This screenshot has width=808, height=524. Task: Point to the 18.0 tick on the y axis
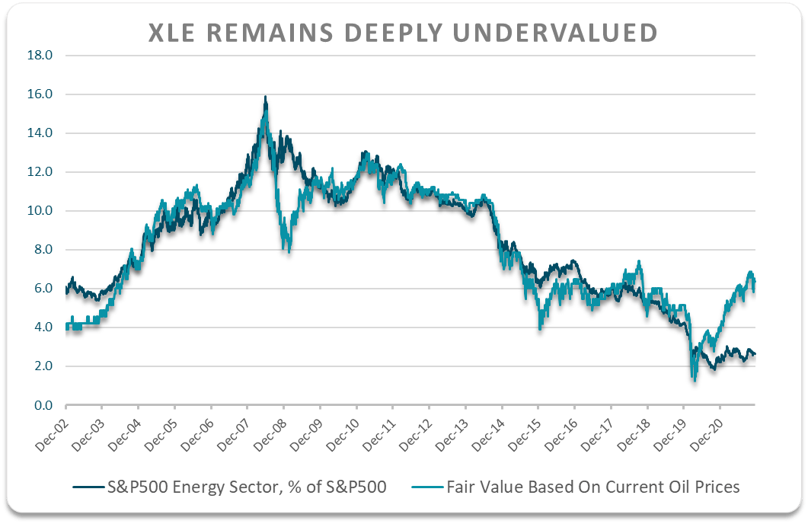pyautogui.click(x=40, y=56)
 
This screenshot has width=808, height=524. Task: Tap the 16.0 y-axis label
pyautogui.click(x=40, y=94)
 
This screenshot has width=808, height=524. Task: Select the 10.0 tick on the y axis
pyautogui.click(x=40, y=211)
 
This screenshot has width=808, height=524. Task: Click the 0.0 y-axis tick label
pyautogui.click(x=43, y=405)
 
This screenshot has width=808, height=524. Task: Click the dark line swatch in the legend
pyautogui.click(x=87, y=487)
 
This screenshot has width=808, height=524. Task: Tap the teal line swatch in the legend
pyautogui.click(x=429, y=487)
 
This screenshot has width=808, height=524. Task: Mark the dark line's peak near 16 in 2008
pyautogui.click(x=265, y=97)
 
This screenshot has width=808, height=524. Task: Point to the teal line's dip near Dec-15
pyautogui.click(x=540, y=327)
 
